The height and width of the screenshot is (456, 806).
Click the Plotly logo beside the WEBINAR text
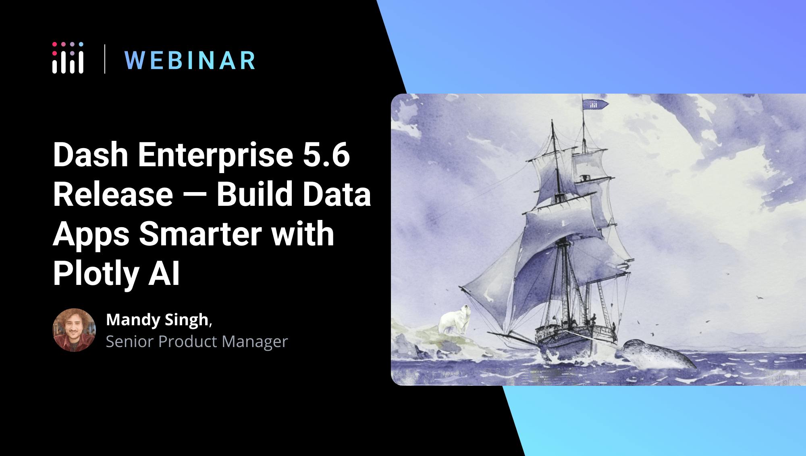click(68, 58)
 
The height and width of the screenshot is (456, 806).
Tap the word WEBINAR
click(190, 61)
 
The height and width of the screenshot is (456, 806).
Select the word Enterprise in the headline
click(216, 155)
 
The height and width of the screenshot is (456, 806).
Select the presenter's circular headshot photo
click(74, 330)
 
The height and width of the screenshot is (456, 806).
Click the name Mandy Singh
click(157, 320)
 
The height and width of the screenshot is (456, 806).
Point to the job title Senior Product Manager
click(197, 341)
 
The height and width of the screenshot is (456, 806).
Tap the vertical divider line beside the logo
click(105, 59)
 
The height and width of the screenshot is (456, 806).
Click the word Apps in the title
click(92, 235)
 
